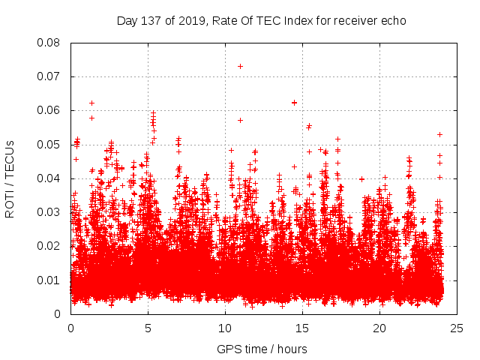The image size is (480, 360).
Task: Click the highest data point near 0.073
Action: (240, 66)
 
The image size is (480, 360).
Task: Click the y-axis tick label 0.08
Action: (49, 43)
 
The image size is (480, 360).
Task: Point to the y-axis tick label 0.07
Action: (49, 76)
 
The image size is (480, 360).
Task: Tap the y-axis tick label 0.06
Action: (49, 110)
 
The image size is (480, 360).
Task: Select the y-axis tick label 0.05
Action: (49, 144)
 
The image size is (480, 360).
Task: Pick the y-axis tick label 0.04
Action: (49, 178)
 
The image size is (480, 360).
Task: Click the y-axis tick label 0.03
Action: (49, 212)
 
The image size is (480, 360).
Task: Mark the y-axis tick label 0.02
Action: (49, 246)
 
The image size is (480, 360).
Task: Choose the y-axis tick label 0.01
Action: (49, 280)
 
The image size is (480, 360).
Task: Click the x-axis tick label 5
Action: (148, 328)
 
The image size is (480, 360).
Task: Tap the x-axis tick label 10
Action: (225, 328)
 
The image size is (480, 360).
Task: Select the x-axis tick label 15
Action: (302, 328)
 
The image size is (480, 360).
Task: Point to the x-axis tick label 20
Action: (379, 328)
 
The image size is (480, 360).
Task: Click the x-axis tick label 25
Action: (457, 328)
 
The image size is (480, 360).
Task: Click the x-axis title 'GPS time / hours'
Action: (262, 349)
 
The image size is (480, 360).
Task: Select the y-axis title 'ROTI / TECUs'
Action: (10, 178)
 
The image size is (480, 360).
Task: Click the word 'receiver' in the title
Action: (355, 21)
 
